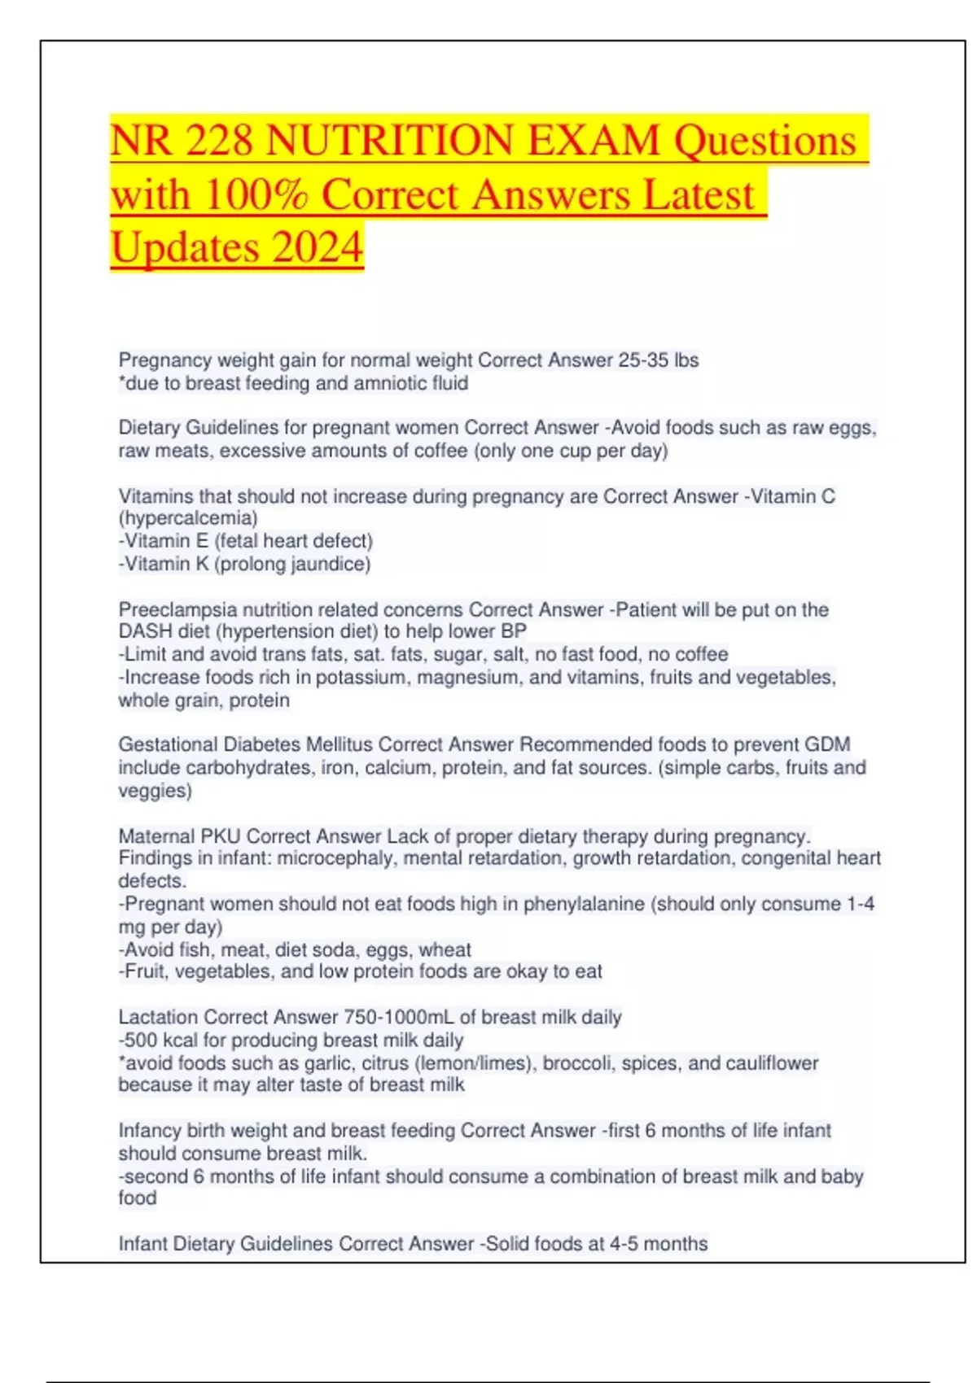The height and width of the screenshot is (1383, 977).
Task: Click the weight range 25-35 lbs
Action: (658, 360)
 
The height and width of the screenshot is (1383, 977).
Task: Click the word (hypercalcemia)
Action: (188, 518)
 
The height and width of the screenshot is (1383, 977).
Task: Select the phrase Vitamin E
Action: (166, 541)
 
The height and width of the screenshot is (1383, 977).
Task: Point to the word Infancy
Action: (150, 1130)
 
